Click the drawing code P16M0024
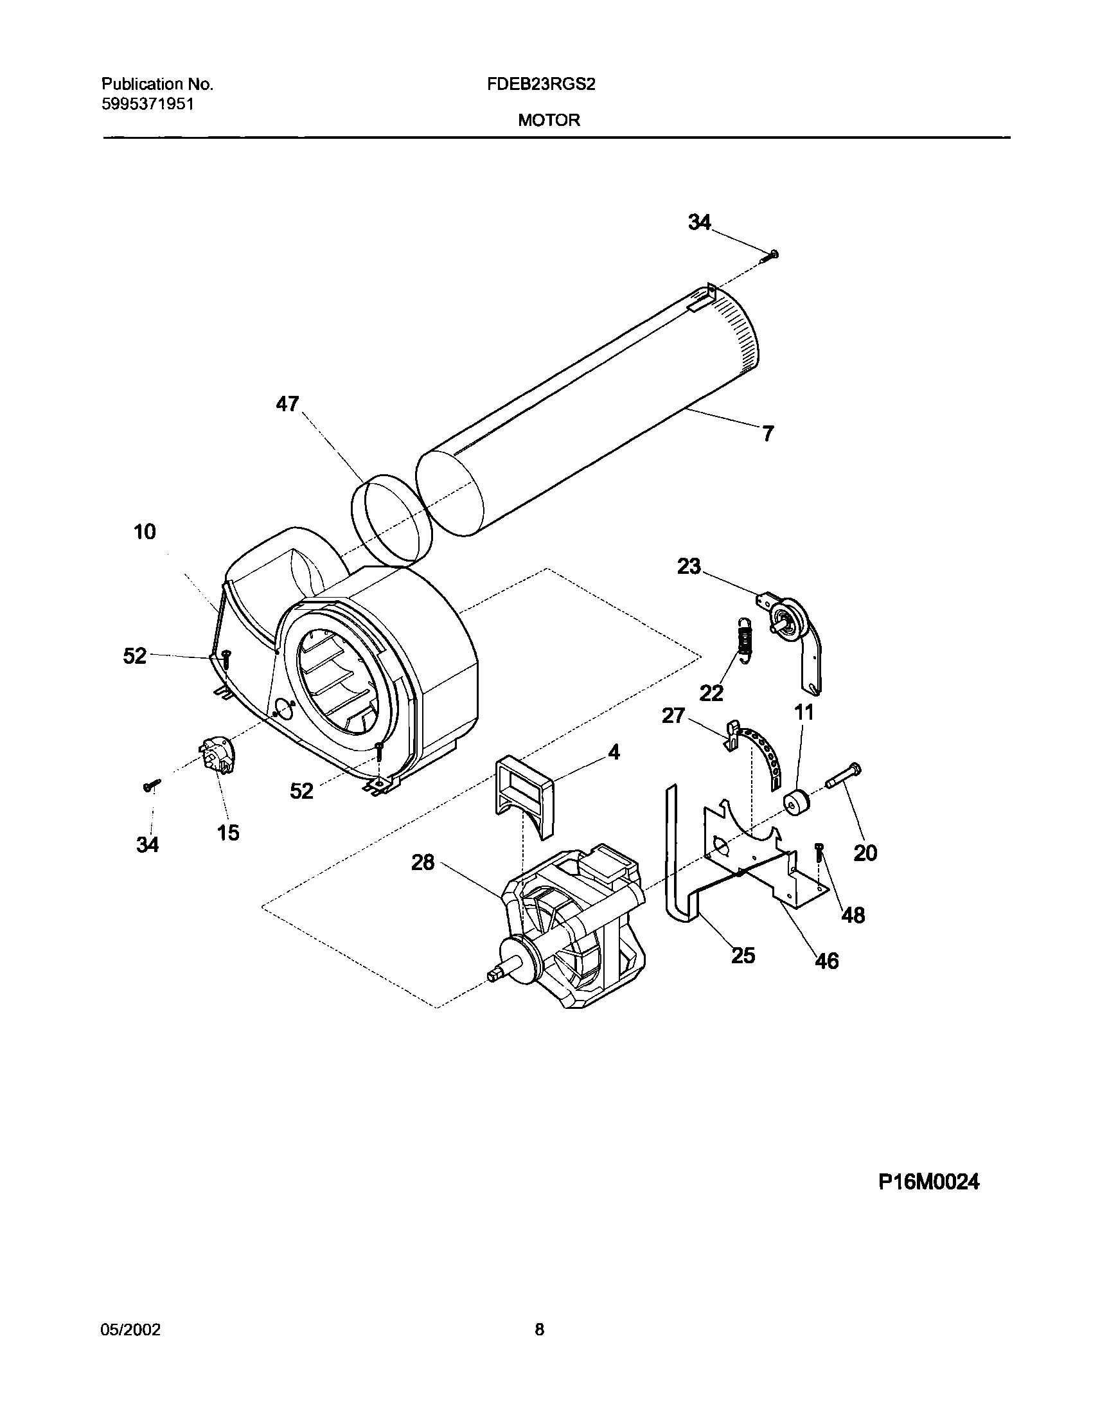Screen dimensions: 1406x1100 click(928, 1182)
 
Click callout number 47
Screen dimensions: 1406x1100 click(287, 404)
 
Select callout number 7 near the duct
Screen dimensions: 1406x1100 click(768, 434)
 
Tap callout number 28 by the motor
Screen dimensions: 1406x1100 click(423, 862)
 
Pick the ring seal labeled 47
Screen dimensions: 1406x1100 click(391, 521)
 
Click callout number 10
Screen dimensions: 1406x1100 click(145, 532)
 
